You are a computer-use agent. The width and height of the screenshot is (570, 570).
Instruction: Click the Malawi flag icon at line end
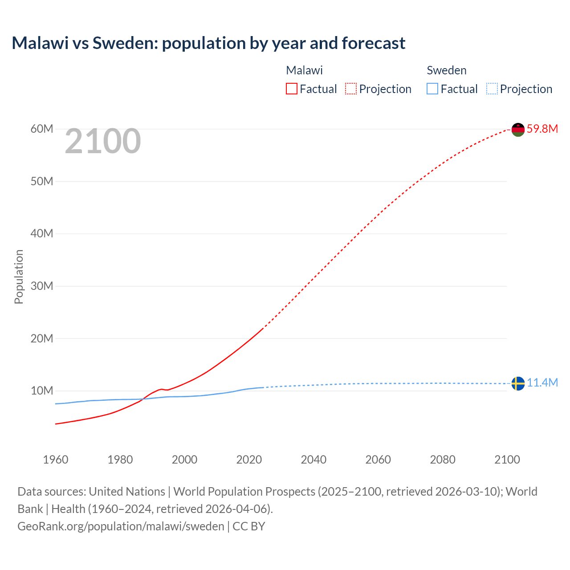click(518, 130)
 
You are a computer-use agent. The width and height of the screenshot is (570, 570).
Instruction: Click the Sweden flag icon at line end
click(518, 383)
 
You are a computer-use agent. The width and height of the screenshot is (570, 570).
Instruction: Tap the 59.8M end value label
click(542, 129)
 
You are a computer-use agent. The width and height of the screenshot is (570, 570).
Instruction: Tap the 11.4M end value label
click(542, 383)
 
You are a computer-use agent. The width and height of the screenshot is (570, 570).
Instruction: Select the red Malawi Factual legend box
click(291, 89)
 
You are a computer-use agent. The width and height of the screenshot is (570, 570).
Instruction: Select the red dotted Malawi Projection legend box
click(351, 89)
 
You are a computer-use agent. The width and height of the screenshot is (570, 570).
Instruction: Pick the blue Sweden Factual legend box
click(432, 89)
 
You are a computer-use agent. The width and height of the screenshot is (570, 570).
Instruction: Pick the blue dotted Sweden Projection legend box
click(492, 89)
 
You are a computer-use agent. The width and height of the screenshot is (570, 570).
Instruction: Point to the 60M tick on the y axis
click(42, 129)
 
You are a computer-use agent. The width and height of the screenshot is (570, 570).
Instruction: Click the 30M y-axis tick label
click(42, 286)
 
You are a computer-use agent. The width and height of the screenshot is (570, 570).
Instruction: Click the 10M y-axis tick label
click(42, 391)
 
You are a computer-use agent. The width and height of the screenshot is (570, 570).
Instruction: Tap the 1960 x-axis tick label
click(56, 460)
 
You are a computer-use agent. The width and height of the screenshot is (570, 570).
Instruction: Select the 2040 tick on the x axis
click(313, 460)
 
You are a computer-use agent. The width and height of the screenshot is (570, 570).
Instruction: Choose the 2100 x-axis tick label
click(507, 460)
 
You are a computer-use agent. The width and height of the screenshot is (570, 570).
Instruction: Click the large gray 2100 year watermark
click(103, 142)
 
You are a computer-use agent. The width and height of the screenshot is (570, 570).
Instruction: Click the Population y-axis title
click(19, 277)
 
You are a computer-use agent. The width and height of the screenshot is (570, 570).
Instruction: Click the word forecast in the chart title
click(373, 43)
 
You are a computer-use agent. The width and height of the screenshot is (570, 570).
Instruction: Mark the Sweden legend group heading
click(446, 70)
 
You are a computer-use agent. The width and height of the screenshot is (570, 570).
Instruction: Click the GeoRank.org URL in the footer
click(121, 526)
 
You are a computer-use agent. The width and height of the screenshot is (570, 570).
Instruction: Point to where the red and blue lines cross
click(143, 399)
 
